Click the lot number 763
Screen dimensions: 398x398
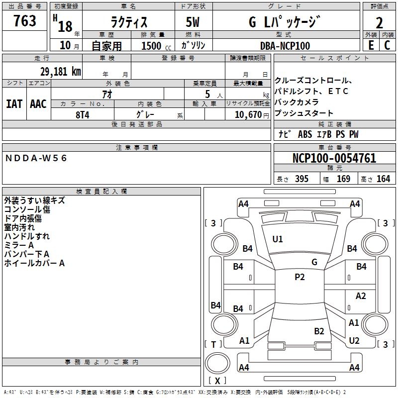25,21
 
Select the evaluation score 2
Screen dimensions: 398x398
379,22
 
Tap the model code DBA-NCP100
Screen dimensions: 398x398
285,46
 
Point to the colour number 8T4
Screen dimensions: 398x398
82,114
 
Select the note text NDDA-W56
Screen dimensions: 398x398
36,158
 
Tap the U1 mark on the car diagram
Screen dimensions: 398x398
278,239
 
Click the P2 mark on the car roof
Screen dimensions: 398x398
299,277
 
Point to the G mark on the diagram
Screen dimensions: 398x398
314,262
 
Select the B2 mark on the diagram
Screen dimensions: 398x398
319,331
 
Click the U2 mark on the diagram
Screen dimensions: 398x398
354,341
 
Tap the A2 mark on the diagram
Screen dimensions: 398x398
361,296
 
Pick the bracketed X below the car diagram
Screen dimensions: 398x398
217,381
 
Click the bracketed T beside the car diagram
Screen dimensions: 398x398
213,344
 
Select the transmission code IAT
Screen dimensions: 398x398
14,103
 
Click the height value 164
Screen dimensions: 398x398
383,179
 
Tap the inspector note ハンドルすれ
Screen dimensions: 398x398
27,236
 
